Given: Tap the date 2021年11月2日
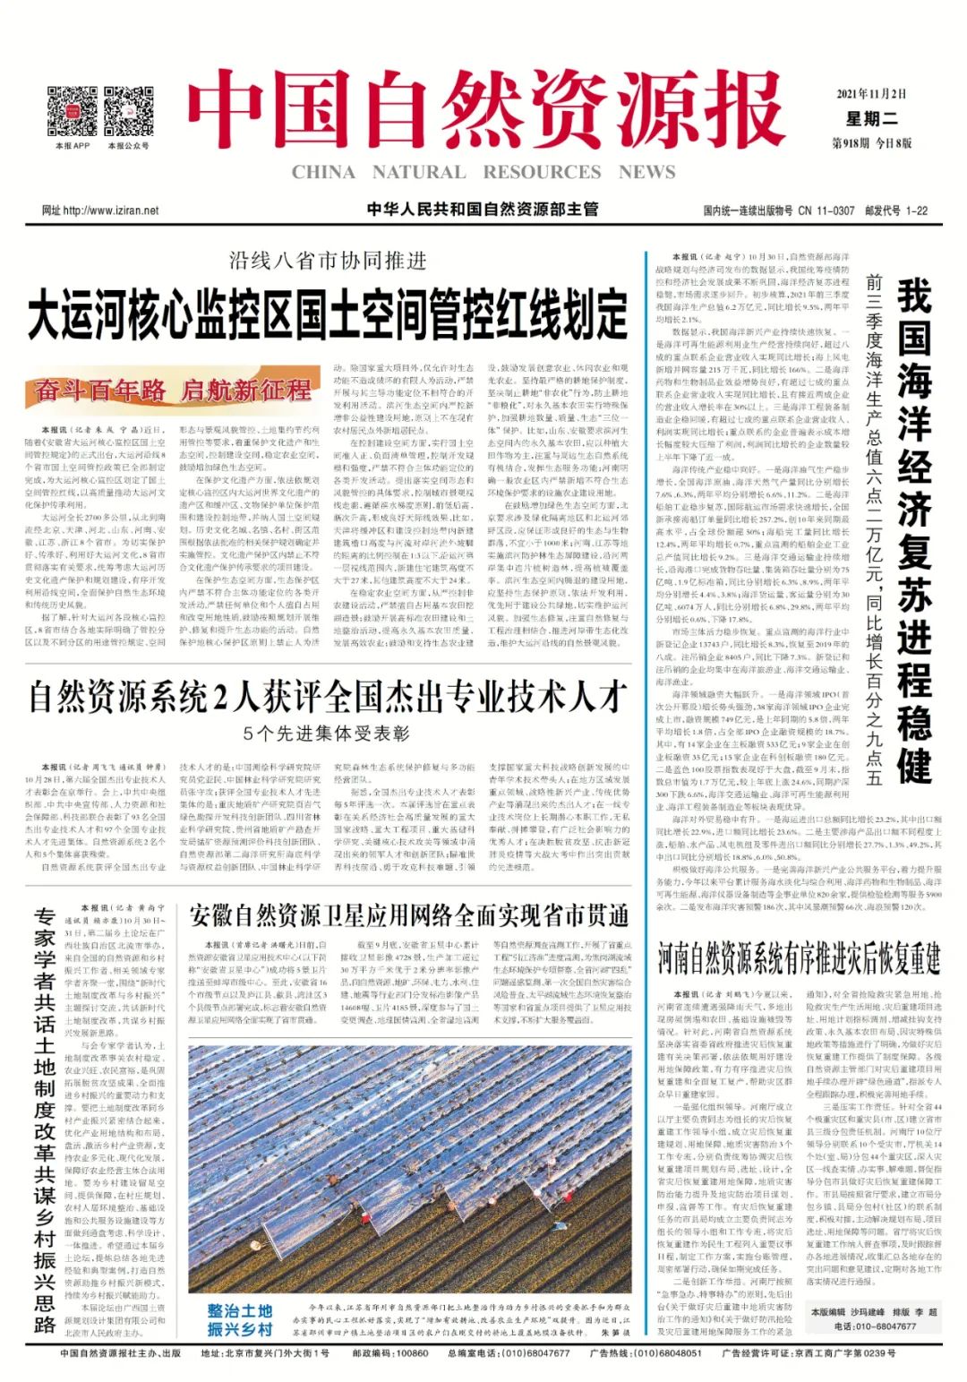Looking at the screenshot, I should (x=871, y=94).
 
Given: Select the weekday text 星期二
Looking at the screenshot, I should (x=871, y=118).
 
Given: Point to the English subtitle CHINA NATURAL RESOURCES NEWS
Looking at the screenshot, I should (x=483, y=172).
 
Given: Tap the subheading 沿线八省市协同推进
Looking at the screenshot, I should (x=328, y=261).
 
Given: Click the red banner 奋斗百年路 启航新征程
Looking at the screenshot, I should (x=173, y=391).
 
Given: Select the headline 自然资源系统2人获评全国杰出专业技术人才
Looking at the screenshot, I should (x=328, y=696).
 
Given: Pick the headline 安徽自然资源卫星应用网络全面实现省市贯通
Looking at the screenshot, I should (x=409, y=915).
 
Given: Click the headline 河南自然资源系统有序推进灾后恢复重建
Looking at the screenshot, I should (x=799, y=958).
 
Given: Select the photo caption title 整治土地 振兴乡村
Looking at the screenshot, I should (x=239, y=1319).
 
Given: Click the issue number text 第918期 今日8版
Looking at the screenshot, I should (x=871, y=143).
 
